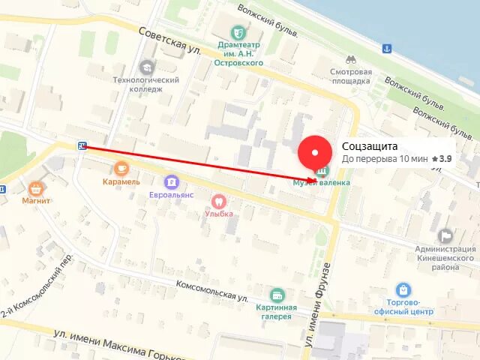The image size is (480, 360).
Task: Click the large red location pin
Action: (x=315, y=154)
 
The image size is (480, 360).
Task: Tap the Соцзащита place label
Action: (x=370, y=146)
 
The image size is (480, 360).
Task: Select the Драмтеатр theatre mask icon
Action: (x=238, y=32)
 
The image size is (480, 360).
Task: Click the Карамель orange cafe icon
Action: (x=121, y=167)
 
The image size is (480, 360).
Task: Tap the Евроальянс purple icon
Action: (x=172, y=181)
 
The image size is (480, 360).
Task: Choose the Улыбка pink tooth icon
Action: (x=219, y=200)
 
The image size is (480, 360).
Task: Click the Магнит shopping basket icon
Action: (x=35, y=187)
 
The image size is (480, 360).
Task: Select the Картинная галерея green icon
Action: (x=277, y=295)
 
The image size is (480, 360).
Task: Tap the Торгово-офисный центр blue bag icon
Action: (x=403, y=289)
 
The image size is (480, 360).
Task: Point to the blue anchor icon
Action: (x=387, y=49)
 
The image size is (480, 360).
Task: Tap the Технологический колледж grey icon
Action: (x=146, y=67)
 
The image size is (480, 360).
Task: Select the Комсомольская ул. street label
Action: (x=212, y=290)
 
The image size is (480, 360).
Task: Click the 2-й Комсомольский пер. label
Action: (x=38, y=284)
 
